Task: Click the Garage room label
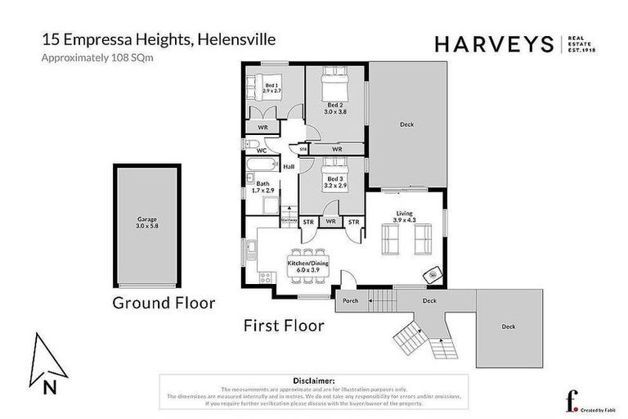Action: (x=147, y=219)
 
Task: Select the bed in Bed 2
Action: (x=334, y=84)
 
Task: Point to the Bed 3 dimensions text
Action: (x=335, y=186)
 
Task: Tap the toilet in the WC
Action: (x=250, y=142)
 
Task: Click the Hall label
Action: (x=288, y=167)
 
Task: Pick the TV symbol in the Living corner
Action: (x=430, y=275)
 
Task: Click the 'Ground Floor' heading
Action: (x=164, y=303)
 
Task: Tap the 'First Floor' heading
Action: (x=284, y=325)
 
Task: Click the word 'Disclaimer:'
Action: (x=312, y=381)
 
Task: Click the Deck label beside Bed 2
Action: (x=406, y=124)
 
